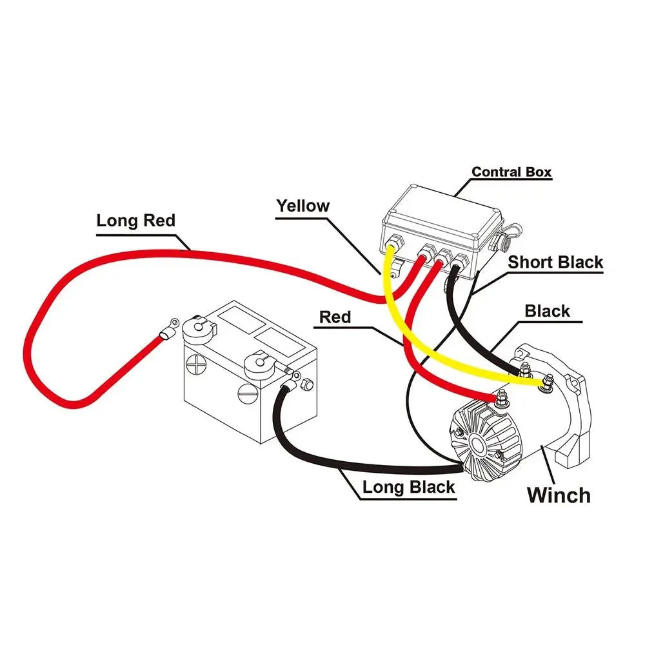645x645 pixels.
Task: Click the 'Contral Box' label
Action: pos(511,172)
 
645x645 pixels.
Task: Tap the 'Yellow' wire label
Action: pos(303,206)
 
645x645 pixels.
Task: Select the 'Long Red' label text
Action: pos(135,221)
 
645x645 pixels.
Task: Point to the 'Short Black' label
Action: pos(555,263)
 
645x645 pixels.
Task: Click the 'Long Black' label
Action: pos(408,488)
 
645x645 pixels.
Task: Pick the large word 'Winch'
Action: pos(559,495)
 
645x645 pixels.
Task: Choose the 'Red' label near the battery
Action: pos(335,317)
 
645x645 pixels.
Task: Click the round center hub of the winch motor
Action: pos(478,443)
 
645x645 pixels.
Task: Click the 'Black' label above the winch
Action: pos(547,312)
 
